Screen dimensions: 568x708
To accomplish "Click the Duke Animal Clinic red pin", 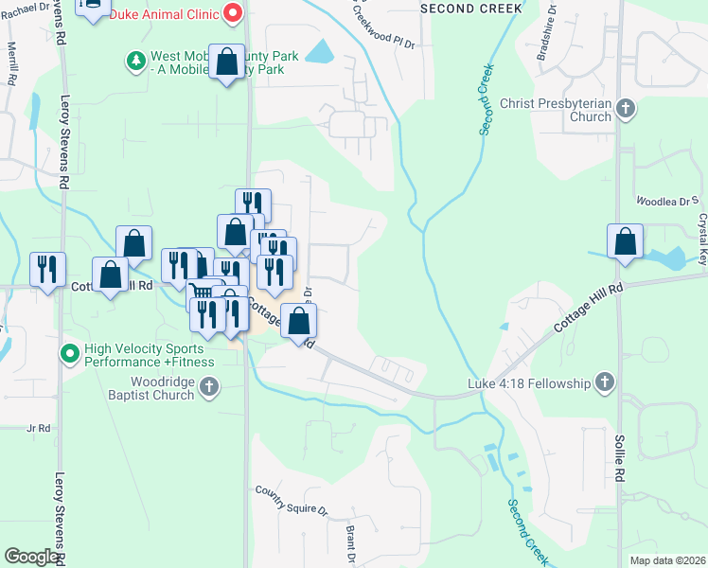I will click(x=233, y=14).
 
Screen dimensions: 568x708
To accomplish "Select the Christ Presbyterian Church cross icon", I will click(x=626, y=109).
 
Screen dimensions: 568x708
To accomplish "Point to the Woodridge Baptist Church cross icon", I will click(x=209, y=387).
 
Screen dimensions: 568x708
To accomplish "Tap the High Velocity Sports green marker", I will click(x=69, y=354).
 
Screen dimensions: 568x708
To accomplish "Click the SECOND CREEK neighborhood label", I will click(x=470, y=8).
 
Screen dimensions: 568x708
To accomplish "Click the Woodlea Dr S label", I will click(x=666, y=202).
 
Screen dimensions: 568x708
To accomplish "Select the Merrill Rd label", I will click(x=12, y=63).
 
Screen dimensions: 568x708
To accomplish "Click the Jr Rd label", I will click(x=38, y=429).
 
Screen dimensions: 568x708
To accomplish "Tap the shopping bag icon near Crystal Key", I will click(x=625, y=241).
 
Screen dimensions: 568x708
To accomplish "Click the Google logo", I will click(x=31, y=557).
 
